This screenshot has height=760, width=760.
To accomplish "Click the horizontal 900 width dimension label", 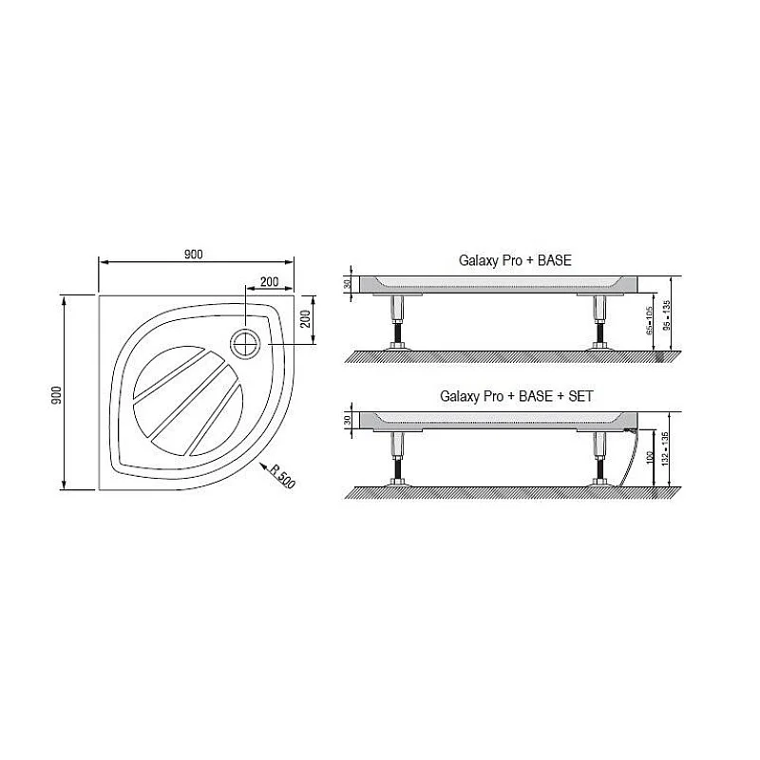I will pos(193,255).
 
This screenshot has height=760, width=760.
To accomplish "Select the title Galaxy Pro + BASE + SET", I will pos(516,396).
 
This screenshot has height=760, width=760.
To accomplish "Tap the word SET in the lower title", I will pos(579,396).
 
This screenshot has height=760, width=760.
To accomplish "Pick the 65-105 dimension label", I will pos(649,322).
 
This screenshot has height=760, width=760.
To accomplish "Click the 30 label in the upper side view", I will pos(349,284).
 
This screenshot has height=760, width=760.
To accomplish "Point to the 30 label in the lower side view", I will pos(349,420).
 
